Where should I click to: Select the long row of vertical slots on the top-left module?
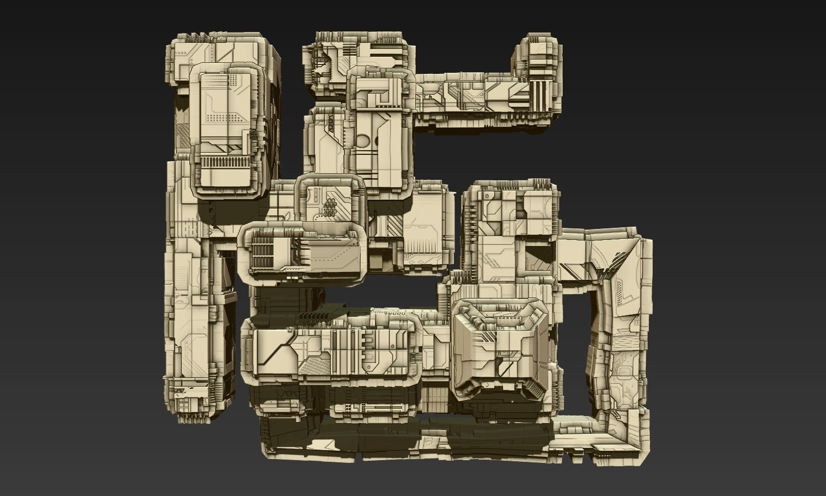224,162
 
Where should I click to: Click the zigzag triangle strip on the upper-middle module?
330,125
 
